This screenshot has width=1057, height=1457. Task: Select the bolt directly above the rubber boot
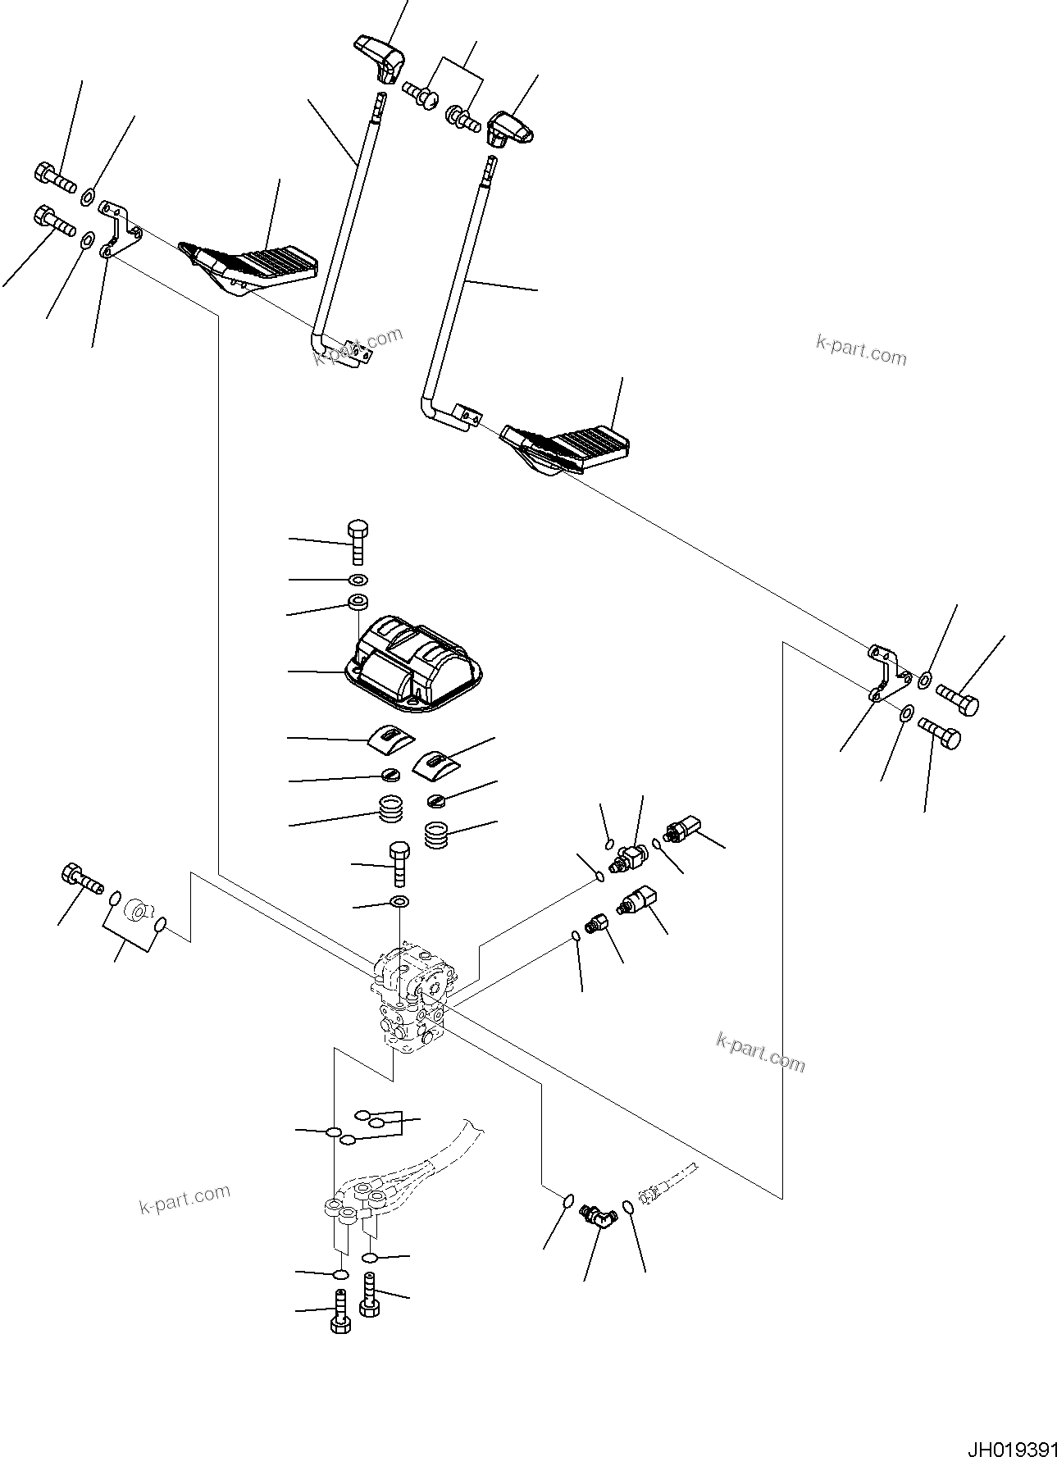[x=357, y=540]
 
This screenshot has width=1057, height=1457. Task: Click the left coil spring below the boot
[x=391, y=813]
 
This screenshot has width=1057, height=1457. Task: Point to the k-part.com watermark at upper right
[x=860, y=351]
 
